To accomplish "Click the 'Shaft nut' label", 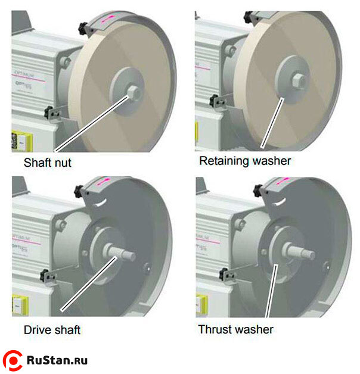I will click(x=47, y=161).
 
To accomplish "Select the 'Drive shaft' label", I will click(x=52, y=329).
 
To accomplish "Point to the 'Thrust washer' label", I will click(x=235, y=329).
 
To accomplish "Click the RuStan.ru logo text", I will click(x=57, y=360).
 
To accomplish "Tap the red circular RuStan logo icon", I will click(x=13, y=360).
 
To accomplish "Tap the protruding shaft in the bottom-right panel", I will click(x=300, y=252).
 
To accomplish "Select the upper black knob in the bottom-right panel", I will click(x=258, y=189).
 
